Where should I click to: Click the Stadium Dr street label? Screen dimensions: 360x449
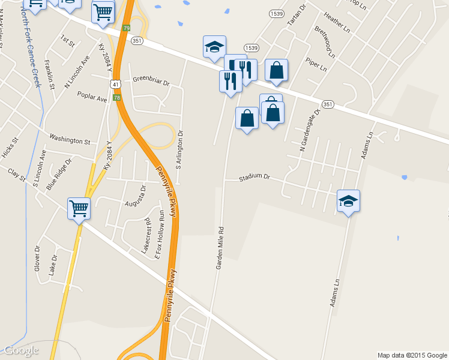pyautogui.click(x=255, y=178)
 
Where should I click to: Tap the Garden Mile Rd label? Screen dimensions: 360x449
pyautogui.click(x=220, y=248)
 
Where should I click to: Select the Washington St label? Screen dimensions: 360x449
pyautogui.click(x=70, y=140)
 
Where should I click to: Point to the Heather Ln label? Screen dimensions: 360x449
pyautogui.click(x=336, y=20)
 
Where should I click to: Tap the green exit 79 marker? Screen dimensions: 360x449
pyautogui.click(x=126, y=28)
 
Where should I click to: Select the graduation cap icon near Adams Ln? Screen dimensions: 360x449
pyautogui.click(x=348, y=201)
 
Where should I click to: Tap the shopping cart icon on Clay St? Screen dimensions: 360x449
pyautogui.click(x=79, y=209)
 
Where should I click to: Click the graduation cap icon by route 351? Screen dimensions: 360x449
pyautogui.click(x=214, y=47)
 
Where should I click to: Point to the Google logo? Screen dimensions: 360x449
pyautogui.click(x=21, y=350)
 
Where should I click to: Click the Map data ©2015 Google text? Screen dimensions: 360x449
pyautogui.click(x=411, y=355)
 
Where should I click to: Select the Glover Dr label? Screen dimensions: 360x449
pyautogui.click(x=37, y=258)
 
